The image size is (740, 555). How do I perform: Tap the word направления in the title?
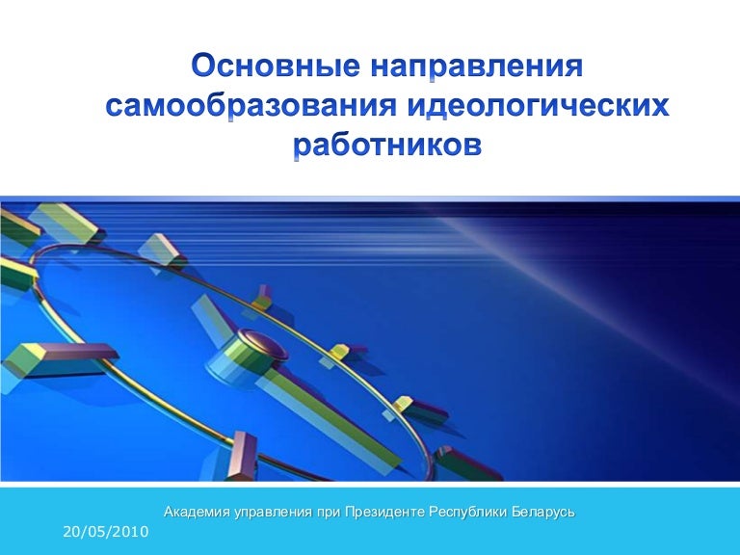472,68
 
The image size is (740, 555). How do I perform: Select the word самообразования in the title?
253,106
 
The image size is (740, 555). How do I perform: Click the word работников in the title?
385,145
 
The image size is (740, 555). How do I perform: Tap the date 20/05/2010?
104,532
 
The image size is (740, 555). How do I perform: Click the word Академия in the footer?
197,512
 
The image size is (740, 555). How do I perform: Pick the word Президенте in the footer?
384,512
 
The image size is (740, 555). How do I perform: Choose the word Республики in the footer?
471,512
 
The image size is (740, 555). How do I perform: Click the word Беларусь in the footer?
544,512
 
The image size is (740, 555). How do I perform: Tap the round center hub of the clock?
256,340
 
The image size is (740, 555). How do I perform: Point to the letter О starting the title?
203,68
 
